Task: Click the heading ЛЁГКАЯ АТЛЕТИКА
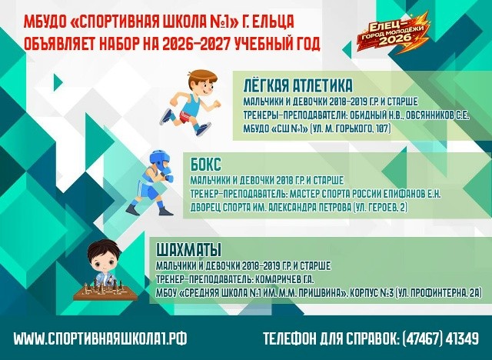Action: point(298,85)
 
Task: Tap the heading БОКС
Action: point(206,165)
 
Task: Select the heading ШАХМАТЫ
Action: point(188,250)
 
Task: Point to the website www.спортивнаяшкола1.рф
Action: point(100,338)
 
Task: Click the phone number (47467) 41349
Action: point(440,338)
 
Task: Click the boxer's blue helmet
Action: point(161,161)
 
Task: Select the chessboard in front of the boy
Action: point(105,291)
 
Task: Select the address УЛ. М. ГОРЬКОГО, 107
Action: point(350,128)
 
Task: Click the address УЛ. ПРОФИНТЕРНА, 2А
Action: point(438,293)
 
